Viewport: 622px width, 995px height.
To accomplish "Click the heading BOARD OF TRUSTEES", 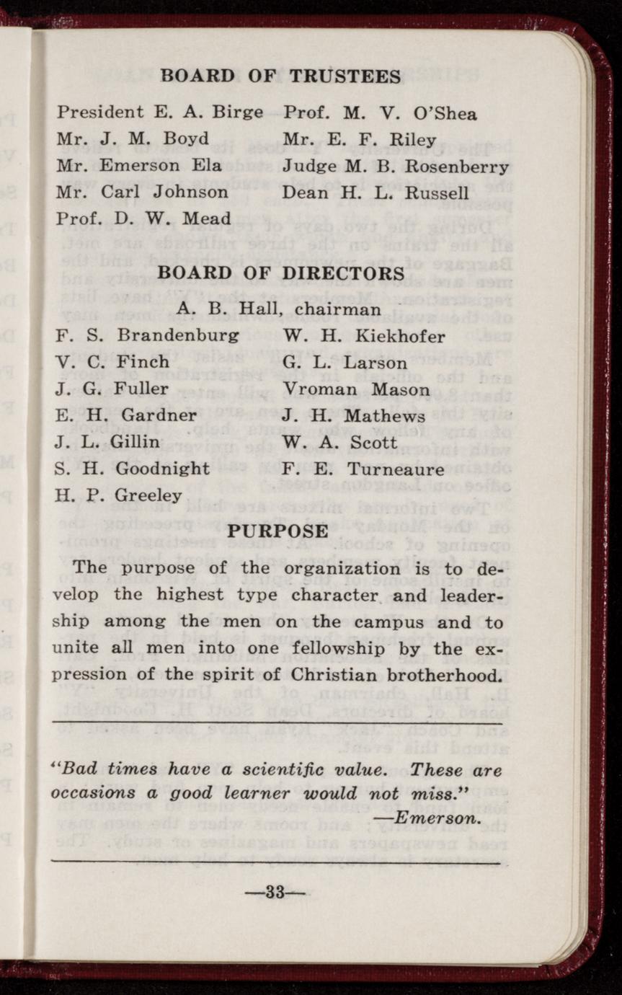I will point(280,76).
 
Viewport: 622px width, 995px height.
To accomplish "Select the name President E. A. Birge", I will point(160,112).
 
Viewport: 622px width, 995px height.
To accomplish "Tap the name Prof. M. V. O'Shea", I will point(380,113).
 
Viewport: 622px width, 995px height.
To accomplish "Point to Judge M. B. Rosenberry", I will point(396,167).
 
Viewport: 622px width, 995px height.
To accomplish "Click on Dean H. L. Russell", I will point(376,193).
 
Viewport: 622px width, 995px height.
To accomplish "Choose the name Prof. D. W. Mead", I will point(144,218).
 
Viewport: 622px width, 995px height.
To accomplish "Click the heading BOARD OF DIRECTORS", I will point(280,274).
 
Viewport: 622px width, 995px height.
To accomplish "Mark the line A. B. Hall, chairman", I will point(279,309).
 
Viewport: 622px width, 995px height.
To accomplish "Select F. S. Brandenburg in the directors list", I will point(148,336).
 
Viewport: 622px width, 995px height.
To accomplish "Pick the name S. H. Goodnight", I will point(133,469).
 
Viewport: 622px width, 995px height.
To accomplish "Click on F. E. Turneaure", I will point(363,469).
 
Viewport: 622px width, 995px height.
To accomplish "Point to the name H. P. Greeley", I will point(119,496).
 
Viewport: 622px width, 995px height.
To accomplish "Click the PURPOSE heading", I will point(278,531).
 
